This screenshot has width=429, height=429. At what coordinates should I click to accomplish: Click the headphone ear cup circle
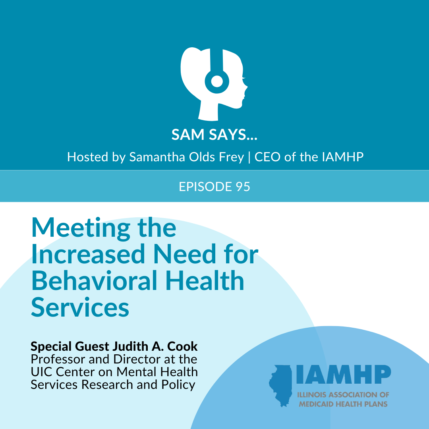(x=217, y=81)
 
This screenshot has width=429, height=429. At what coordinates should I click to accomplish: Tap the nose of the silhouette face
(x=246, y=87)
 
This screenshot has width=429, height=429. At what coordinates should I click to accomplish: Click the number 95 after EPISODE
(x=243, y=187)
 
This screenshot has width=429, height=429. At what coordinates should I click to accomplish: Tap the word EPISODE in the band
(x=205, y=187)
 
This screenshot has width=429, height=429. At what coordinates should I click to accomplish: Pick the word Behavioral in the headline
(x=95, y=280)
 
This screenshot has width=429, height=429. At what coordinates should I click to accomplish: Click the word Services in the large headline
(x=80, y=307)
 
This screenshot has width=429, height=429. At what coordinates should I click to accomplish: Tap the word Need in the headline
(x=185, y=254)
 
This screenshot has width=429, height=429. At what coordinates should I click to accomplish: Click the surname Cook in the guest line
(x=182, y=346)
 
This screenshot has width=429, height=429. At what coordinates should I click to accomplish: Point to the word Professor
(x=58, y=359)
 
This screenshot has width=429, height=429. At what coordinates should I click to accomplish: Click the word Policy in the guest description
(x=178, y=385)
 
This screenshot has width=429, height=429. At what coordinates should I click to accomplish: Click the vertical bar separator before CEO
(x=249, y=157)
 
